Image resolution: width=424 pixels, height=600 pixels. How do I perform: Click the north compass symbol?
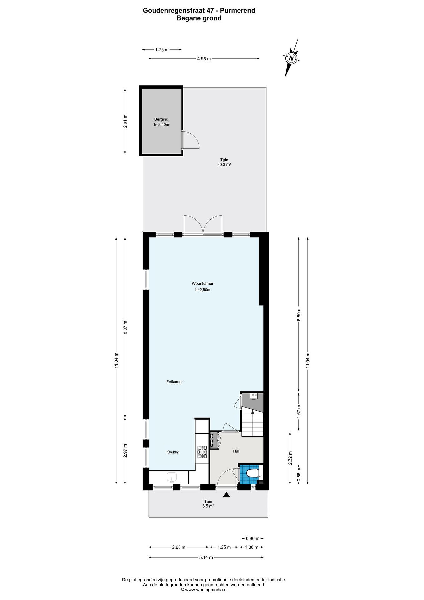click(x=291, y=58)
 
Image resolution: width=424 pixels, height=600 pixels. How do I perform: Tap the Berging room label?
click(x=161, y=119)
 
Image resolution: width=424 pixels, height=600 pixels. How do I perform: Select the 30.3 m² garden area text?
click(x=224, y=165)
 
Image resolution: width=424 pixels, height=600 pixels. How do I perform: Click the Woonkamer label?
click(x=203, y=283)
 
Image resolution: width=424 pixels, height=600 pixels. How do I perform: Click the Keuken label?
click(x=173, y=452)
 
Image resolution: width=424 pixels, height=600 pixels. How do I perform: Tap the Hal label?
click(x=236, y=451)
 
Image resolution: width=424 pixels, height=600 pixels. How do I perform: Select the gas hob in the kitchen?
click(x=202, y=452)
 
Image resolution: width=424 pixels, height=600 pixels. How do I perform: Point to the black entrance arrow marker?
click(x=226, y=494)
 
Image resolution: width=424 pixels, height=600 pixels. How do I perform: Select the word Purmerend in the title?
click(x=237, y=10)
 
